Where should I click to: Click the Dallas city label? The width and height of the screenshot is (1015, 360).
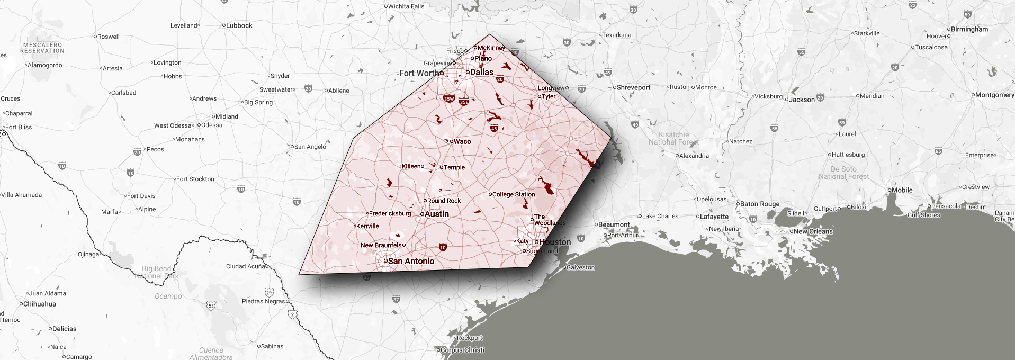pyautogui.click(x=481, y=73)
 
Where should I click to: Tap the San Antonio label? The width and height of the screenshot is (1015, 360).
pyautogui.click(x=411, y=261)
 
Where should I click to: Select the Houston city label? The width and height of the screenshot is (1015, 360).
pyautogui.click(x=554, y=242)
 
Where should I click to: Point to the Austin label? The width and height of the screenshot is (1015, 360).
pyautogui.click(x=437, y=214)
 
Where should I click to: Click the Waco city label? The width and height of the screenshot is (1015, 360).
pyautogui.click(x=462, y=141)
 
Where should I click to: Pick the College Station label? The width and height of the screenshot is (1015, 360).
pyautogui.click(x=513, y=194)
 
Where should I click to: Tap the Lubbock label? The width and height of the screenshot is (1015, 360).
pyautogui.click(x=239, y=25)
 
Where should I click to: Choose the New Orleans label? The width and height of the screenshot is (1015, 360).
pyautogui.click(x=813, y=231)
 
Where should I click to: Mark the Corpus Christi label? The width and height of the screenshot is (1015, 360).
pyautogui.click(x=462, y=350)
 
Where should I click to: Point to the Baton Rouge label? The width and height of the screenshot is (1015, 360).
pyautogui.click(x=759, y=204)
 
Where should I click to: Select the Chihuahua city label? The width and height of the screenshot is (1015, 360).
pyautogui.click(x=39, y=304)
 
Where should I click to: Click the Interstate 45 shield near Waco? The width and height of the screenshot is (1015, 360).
pyautogui.click(x=494, y=128)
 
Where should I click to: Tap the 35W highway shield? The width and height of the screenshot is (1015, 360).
pyautogui.click(x=448, y=98)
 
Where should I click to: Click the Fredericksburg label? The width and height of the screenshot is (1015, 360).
pyautogui.click(x=390, y=213)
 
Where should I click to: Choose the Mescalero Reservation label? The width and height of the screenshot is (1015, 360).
pyautogui.click(x=42, y=48)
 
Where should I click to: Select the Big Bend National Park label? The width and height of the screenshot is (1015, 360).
pyautogui.click(x=157, y=272)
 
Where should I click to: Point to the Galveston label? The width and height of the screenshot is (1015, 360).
pyautogui.click(x=580, y=267)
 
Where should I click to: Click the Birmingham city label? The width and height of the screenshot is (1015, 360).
pyautogui.click(x=969, y=29)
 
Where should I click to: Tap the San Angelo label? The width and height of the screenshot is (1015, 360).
pyautogui.click(x=310, y=147)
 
